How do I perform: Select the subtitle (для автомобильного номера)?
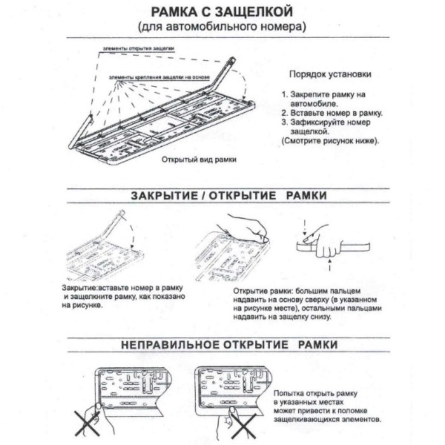222,27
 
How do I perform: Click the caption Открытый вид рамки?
199,160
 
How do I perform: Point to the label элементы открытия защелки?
139,48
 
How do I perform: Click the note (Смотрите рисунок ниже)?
329,140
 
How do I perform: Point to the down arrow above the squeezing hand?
306,226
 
